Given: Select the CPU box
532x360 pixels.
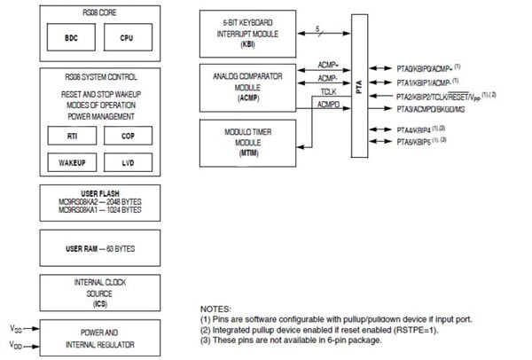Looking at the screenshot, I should (129, 39).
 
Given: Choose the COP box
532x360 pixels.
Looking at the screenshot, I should (129, 136).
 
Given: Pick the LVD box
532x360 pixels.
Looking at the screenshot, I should (129, 164).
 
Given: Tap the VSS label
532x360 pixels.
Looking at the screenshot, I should (16, 326).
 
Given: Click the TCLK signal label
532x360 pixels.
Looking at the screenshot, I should (328, 90).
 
